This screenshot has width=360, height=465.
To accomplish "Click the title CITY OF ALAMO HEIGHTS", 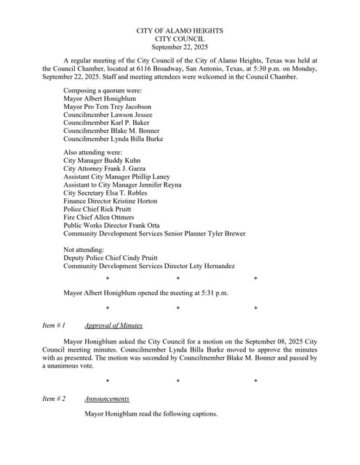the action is [180, 31].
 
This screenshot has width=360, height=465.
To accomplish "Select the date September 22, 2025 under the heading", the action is [180, 46].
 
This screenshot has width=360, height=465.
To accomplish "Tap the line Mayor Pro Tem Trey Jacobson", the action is [107, 107].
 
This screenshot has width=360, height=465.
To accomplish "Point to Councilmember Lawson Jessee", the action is [108, 115].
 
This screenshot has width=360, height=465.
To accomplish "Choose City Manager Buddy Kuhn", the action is [102, 161].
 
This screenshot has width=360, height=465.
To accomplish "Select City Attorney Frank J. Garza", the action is [106, 169].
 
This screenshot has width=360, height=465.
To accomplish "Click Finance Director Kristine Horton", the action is [110, 201].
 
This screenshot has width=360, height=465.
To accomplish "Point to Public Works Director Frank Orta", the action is [111, 225].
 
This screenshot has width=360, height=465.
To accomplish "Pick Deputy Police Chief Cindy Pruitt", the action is [116, 258].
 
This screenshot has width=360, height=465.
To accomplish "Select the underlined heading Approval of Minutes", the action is [113, 325].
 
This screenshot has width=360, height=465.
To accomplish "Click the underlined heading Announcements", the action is [107, 399].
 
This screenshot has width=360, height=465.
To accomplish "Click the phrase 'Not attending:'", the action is [84, 250].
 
